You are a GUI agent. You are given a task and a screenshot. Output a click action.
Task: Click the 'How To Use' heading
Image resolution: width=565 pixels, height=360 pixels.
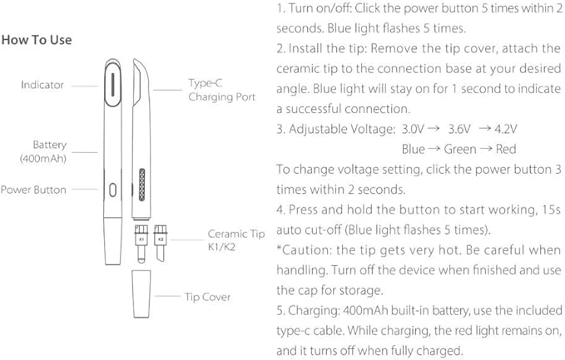point(37,40)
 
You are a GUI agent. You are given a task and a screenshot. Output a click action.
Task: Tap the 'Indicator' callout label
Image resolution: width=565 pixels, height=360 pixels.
point(42,85)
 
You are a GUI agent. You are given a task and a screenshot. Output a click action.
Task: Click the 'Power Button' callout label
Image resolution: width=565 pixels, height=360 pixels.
point(33,190)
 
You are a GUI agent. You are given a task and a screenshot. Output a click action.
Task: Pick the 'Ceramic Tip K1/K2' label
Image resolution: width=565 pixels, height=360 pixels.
point(229,240)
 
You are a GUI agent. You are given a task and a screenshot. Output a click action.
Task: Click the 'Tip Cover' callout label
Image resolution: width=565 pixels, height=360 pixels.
point(207,297)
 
